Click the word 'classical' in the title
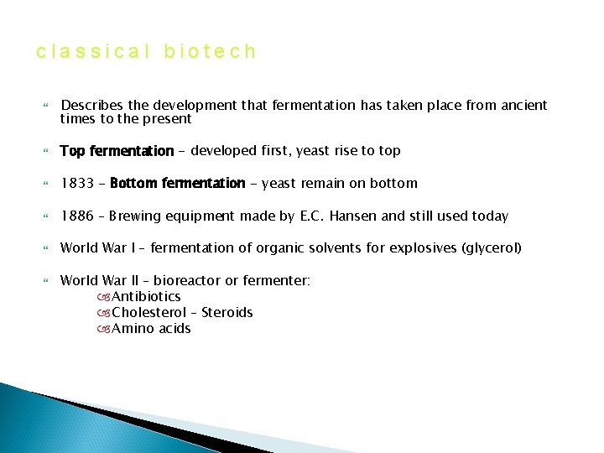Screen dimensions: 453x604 (93, 52)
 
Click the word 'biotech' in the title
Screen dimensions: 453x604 (210, 52)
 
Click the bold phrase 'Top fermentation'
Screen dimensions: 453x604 (117, 151)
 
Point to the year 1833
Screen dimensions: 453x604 (77, 184)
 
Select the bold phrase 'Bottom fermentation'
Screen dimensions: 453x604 (177, 184)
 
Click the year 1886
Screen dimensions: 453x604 (77, 216)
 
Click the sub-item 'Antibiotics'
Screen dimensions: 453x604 (146, 297)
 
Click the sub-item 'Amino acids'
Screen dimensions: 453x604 (151, 329)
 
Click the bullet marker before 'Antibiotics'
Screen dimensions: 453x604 (103, 297)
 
